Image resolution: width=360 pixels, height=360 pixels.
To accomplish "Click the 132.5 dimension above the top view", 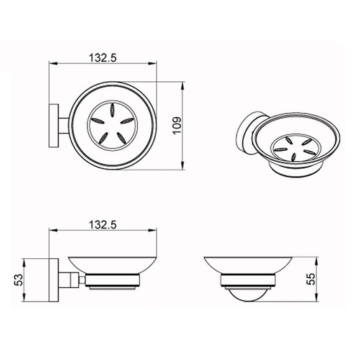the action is (102, 58).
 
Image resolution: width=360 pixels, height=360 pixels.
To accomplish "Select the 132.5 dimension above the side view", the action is (102, 225).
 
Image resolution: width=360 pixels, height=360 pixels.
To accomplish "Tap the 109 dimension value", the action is (177, 126).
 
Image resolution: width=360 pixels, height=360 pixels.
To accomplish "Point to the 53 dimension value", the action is (19, 280).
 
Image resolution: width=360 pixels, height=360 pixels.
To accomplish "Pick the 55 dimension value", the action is (312, 279).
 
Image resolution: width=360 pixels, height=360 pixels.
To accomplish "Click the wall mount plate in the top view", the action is (54, 125).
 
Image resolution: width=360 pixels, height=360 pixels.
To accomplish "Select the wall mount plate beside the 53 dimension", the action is (54, 280).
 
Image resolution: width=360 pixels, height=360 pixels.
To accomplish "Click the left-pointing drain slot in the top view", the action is (97, 120).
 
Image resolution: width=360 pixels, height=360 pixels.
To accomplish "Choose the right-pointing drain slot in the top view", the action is (127, 120).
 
